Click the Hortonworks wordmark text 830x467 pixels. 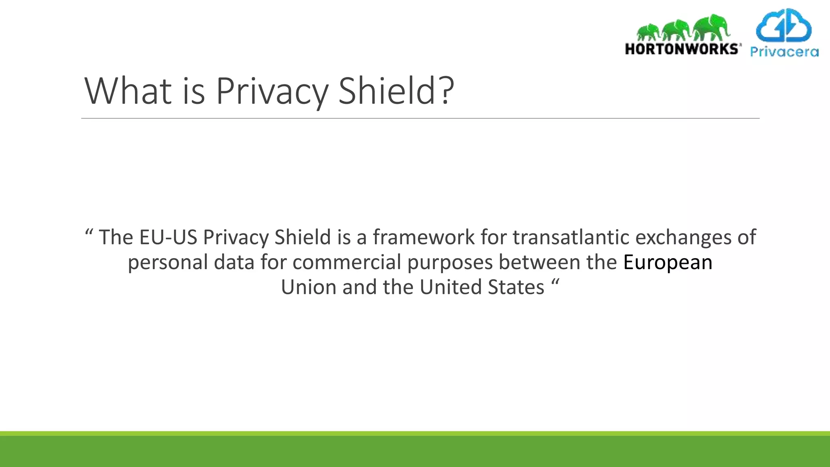point(682,49)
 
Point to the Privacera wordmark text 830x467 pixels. point(784,52)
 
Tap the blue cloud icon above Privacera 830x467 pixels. point(784,26)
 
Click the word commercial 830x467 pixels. point(347,262)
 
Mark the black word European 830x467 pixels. point(667,262)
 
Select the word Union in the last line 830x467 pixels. point(308,287)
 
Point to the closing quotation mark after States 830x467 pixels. point(555,283)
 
